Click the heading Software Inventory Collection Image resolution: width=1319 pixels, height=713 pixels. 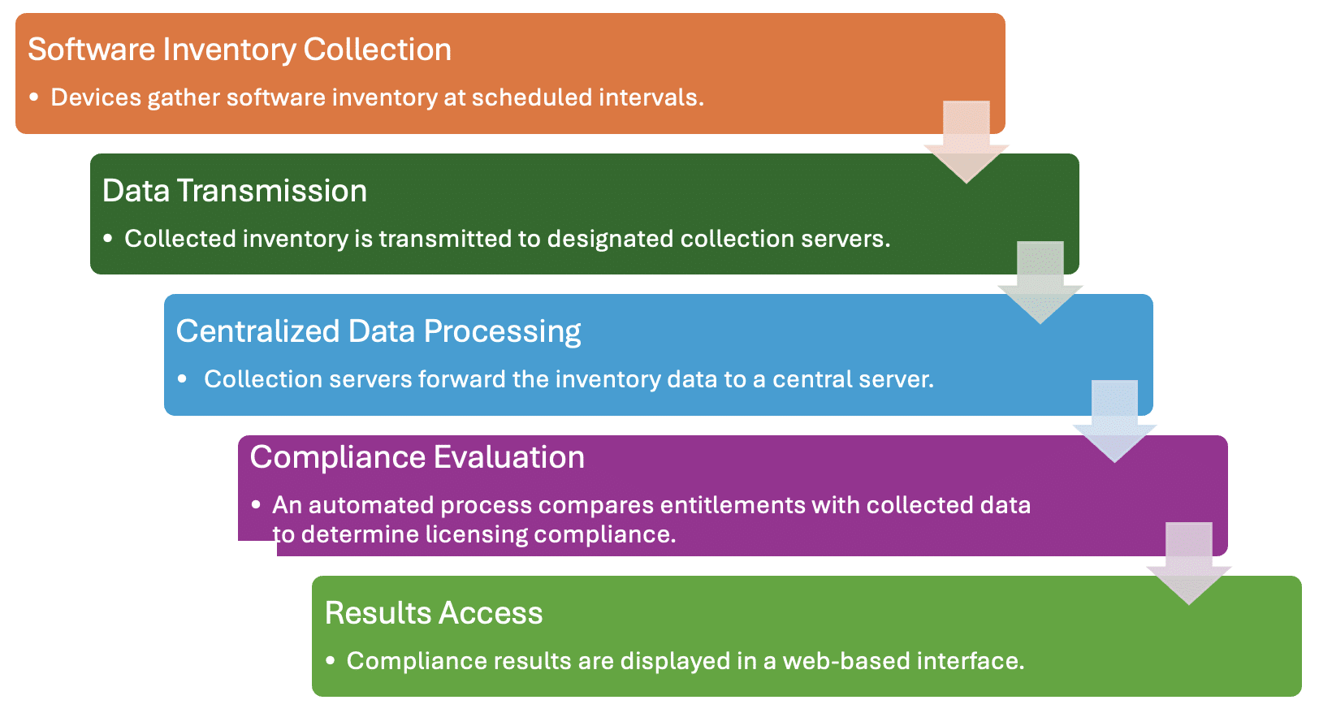point(240,50)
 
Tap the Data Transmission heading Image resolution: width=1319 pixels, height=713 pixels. point(235,191)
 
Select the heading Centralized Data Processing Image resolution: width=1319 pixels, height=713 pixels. point(378,331)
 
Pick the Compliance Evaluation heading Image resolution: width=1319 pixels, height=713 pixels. point(417,457)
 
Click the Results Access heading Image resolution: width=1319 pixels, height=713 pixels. point(434,613)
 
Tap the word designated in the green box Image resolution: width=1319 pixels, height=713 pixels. point(610,239)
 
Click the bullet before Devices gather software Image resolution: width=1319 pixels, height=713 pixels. point(34,97)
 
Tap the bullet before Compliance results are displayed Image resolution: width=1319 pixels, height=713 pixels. point(331,661)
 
